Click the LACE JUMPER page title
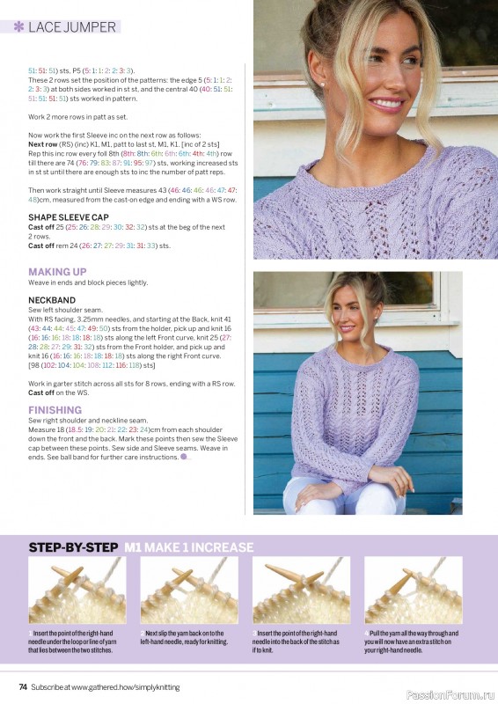click(72, 27)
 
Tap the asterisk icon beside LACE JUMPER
click(18, 27)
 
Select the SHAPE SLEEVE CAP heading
click(69, 216)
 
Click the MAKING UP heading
click(58, 272)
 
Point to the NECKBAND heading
click(53, 300)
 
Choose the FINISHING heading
click(55, 410)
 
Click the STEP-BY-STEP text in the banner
click(73, 546)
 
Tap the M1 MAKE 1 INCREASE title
click(188, 546)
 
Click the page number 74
click(24, 686)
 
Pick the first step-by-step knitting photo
click(78, 590)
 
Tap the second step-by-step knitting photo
click(189, 590)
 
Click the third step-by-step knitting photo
click(301, 590)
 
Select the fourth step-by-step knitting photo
click(413, 590)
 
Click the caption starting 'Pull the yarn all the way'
click(412, 642)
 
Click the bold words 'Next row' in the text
click(42, 143)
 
